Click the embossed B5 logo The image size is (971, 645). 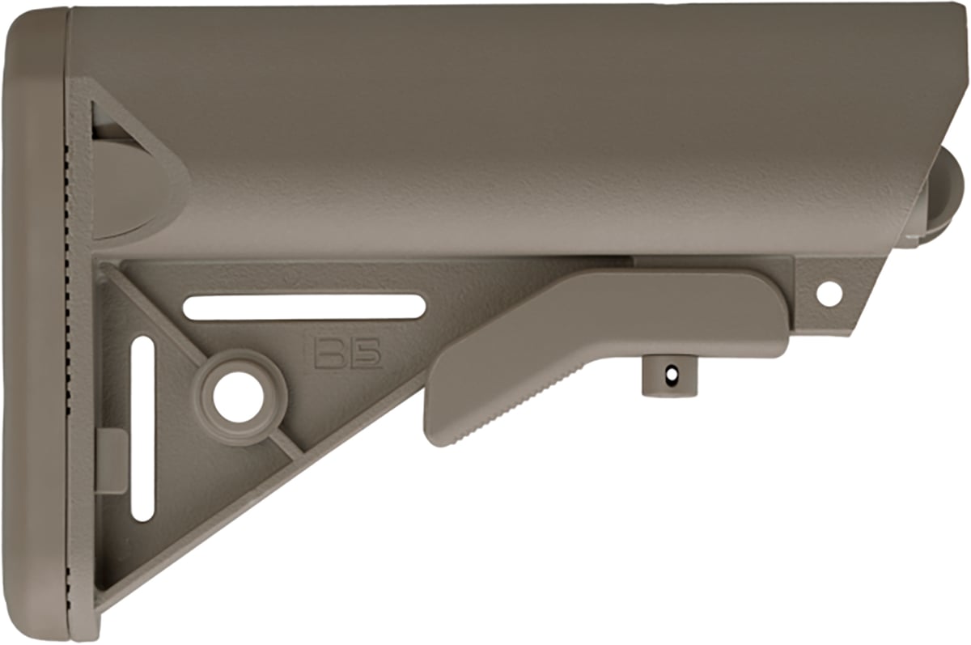pos(348,354)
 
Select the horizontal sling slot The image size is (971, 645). pos(304,308)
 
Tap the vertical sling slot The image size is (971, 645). pos(142,429)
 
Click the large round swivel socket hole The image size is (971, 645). pos(238,397)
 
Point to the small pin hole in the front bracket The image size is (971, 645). pos(829,294)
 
